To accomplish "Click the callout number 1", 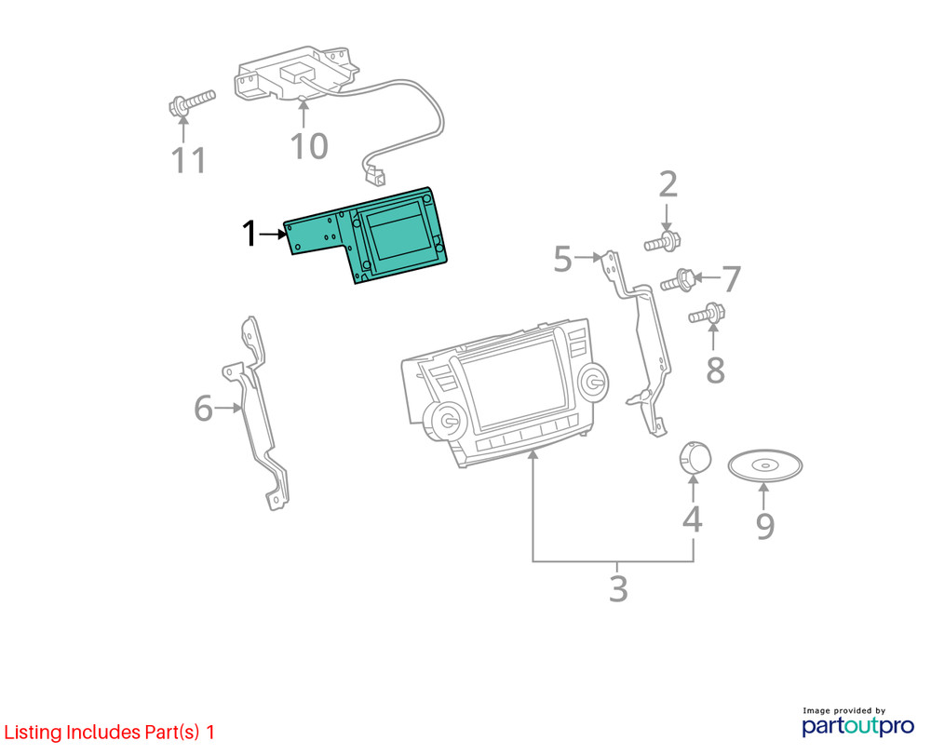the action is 250,234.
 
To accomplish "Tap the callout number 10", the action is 309,146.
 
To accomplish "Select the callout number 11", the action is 188,160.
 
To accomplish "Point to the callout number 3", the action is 618,589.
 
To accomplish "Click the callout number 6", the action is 203,409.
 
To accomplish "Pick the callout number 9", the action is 765,525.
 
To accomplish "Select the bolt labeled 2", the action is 663,242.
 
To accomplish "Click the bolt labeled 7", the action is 679,280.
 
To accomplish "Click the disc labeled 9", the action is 764,465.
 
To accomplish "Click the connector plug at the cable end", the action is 373,175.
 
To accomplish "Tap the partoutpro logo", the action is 858,722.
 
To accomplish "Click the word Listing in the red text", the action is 34,732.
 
